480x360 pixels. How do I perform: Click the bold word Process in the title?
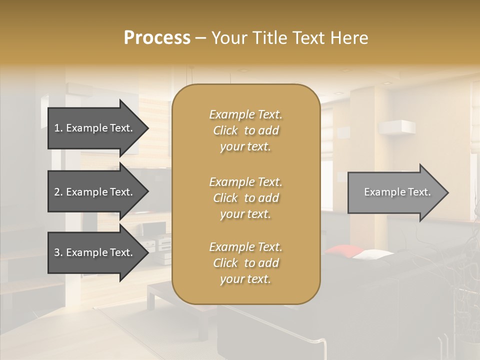[157, 38]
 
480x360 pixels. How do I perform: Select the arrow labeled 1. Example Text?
[95, 128]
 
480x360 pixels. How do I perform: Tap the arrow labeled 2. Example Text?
[95, 192]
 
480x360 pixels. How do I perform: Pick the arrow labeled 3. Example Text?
[95, 252]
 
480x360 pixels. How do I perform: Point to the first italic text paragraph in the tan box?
[245, 130]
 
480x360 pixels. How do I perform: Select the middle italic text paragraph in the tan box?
[245, 198]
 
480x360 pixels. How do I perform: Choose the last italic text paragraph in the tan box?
[245, 263]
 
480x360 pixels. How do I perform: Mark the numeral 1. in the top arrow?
[58, 128]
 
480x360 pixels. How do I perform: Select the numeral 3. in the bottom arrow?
[58, 252]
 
